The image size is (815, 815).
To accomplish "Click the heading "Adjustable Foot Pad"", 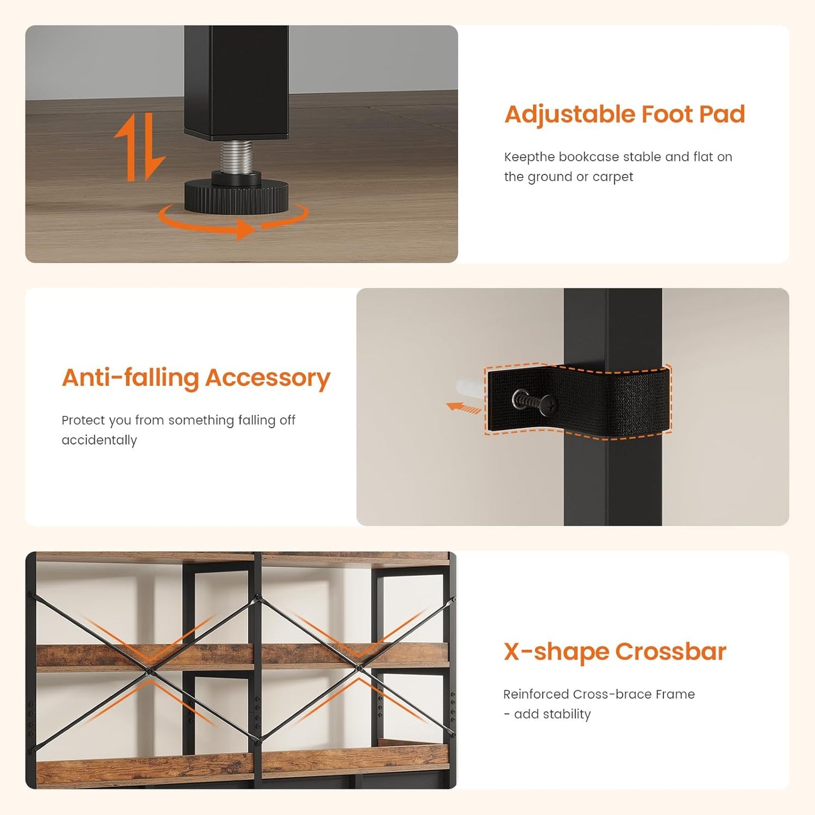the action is (x=624, y=114).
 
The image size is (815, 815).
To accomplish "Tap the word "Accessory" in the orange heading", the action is (x=267, y=378).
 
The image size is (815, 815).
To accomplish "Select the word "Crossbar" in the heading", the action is (x=671, y=652).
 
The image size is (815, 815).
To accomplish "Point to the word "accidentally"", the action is (x=99, y=440).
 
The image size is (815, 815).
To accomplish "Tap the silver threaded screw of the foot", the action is (x=236, y=156).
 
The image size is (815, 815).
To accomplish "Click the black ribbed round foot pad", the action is (x=236, y=196).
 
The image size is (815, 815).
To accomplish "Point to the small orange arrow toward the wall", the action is (x=464, y=407).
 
